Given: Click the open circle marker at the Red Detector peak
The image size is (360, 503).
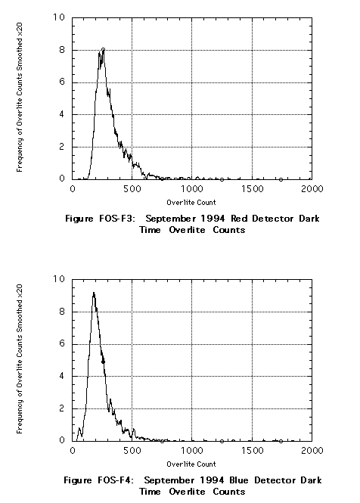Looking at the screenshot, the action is point(103,50).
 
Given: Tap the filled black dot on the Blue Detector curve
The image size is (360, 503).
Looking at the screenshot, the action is point(103,362).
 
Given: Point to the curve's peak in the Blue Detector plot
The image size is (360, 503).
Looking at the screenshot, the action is point(94,293).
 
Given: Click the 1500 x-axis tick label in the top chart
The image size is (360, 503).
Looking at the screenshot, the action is point(252,188).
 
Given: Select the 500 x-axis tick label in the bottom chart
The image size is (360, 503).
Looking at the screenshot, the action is point(132,450).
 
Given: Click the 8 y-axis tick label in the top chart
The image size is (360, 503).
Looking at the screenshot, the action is point(61,50).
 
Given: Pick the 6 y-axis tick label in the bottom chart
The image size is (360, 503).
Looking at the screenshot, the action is point(61,344).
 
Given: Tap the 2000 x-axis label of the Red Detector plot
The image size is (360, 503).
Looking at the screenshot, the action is point(312,188).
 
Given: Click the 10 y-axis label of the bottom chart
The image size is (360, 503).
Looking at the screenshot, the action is point(59,279).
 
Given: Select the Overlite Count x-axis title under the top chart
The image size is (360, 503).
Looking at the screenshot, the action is point(191,203).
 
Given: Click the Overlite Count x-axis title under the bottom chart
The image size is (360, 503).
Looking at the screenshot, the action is point(191,464).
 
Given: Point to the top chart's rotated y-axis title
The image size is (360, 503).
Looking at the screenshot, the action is point(20,98).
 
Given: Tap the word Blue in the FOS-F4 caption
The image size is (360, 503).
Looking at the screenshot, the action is point(239,480).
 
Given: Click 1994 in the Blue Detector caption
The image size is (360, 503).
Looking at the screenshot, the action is point(212,480).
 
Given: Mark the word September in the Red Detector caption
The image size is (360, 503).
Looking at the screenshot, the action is point(171,219).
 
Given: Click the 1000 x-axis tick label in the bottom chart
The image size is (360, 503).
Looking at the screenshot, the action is point(192,450).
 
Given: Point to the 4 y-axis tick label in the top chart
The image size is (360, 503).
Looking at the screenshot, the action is point(61,114).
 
